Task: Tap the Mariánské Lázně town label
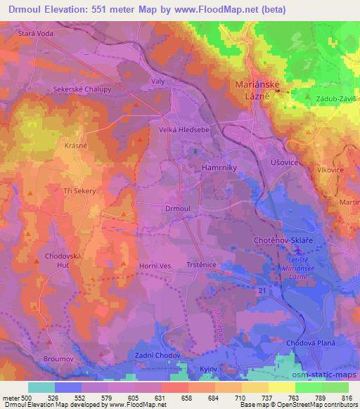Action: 258,89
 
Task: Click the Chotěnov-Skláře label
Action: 281,240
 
